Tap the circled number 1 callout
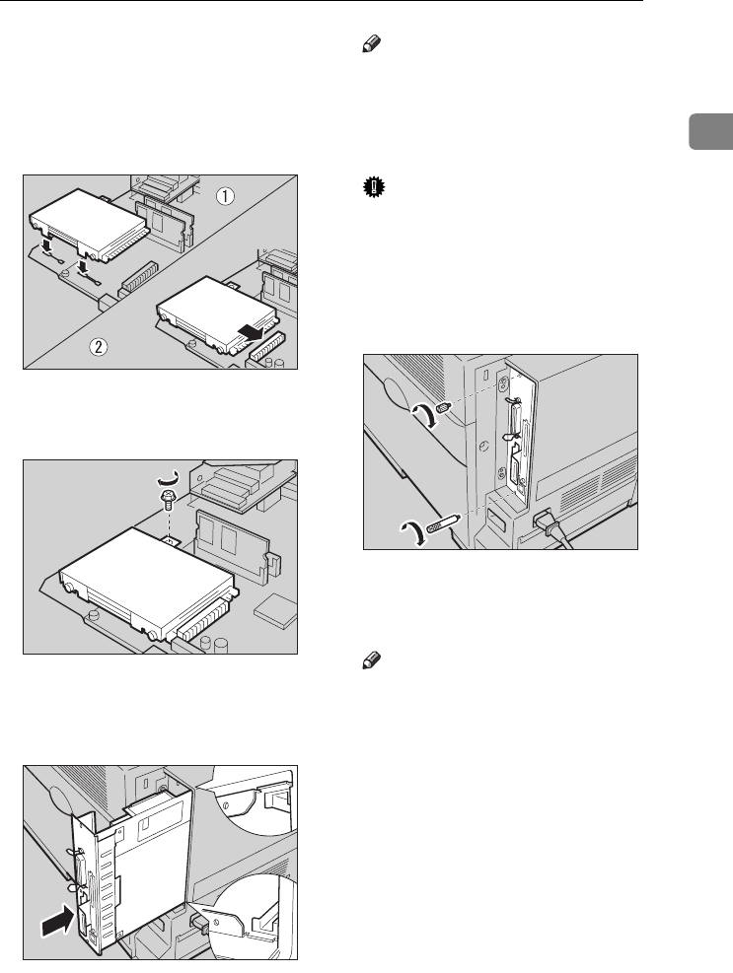(227, 195)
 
